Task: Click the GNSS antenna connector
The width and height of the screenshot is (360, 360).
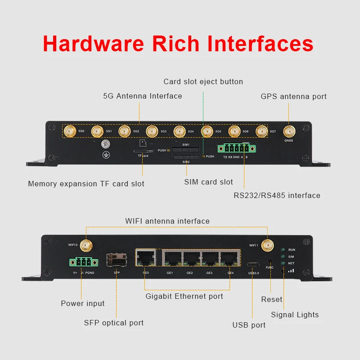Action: coord(288,131)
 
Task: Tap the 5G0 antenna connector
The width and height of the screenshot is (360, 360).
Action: coord(69,131)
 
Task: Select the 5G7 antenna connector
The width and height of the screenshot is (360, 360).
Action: coord(261,131)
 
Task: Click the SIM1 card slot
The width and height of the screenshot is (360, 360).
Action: coord(185,149)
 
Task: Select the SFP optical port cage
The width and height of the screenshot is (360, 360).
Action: coord(116,261)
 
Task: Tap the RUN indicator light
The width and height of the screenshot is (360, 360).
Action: coord(283,249)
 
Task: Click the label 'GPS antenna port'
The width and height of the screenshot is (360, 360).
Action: coord(293,96)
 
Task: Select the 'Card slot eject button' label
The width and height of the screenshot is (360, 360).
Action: coord(203,81)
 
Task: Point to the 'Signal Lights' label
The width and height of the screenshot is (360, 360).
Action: coord(295,315)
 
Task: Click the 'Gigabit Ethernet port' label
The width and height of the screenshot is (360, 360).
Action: coord(184,296)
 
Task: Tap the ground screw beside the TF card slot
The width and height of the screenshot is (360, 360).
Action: coord(106,144)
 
